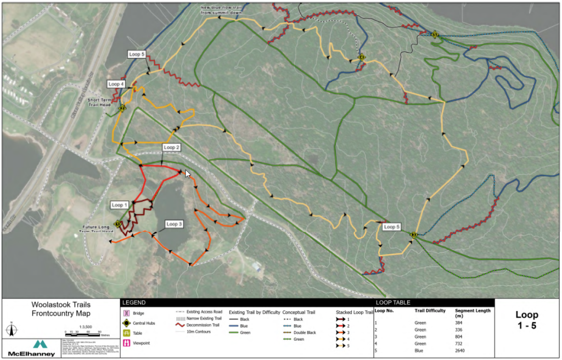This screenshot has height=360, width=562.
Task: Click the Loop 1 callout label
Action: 119,205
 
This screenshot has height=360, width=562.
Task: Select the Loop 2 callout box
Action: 171,148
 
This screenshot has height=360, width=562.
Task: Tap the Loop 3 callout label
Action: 174,224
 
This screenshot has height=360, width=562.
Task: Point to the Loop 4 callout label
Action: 116,84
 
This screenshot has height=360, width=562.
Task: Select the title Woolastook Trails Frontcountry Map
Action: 61,309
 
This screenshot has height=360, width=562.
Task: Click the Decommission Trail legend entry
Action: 198,325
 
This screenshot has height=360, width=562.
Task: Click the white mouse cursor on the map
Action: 188,174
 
